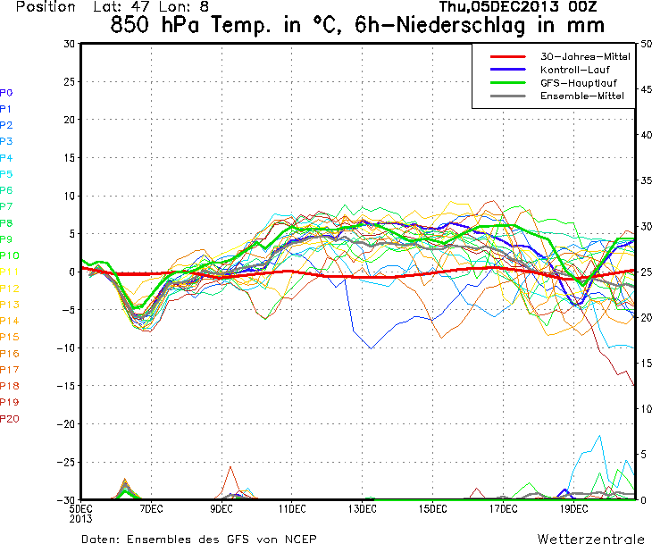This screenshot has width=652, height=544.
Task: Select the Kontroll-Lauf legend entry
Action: [x=572, y=70]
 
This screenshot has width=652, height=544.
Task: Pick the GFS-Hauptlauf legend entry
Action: [x=574, y=83]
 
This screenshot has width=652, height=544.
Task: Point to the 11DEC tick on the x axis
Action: [x=291, y=508]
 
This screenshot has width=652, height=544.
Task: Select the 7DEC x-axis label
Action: [x=150, y=508]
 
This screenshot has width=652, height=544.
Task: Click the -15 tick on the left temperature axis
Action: [x=66, y=386]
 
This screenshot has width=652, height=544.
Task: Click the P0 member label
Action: [x=6, y=92]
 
